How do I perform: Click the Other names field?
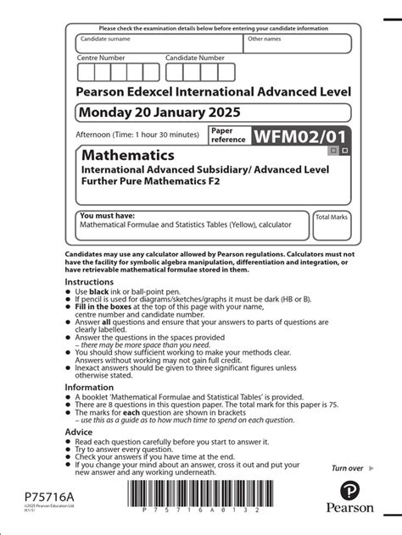(x=297, y=44)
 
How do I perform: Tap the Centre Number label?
(x=102, y=58)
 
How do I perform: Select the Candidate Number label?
(x=195, y=58)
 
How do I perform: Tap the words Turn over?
(x=347, y=468)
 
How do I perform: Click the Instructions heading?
(x=95, y=281)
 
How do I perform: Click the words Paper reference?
(x=227, y=135)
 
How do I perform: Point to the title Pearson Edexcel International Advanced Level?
(x=213, y=90)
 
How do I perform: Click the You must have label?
(x=107, y=215)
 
